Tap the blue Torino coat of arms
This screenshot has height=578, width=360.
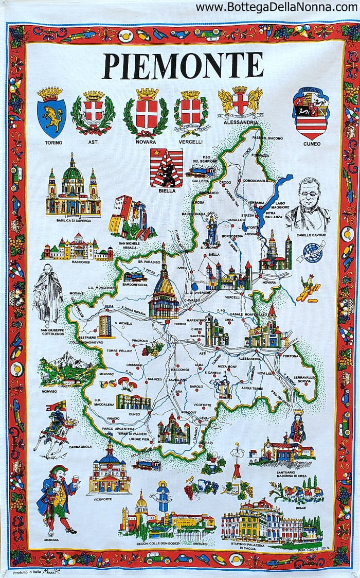tap(51, 112)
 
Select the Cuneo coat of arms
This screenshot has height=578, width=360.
tap(311, 113)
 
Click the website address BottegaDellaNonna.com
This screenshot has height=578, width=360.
tap(276, 7)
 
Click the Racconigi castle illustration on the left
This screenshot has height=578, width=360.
tap(77, 249)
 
